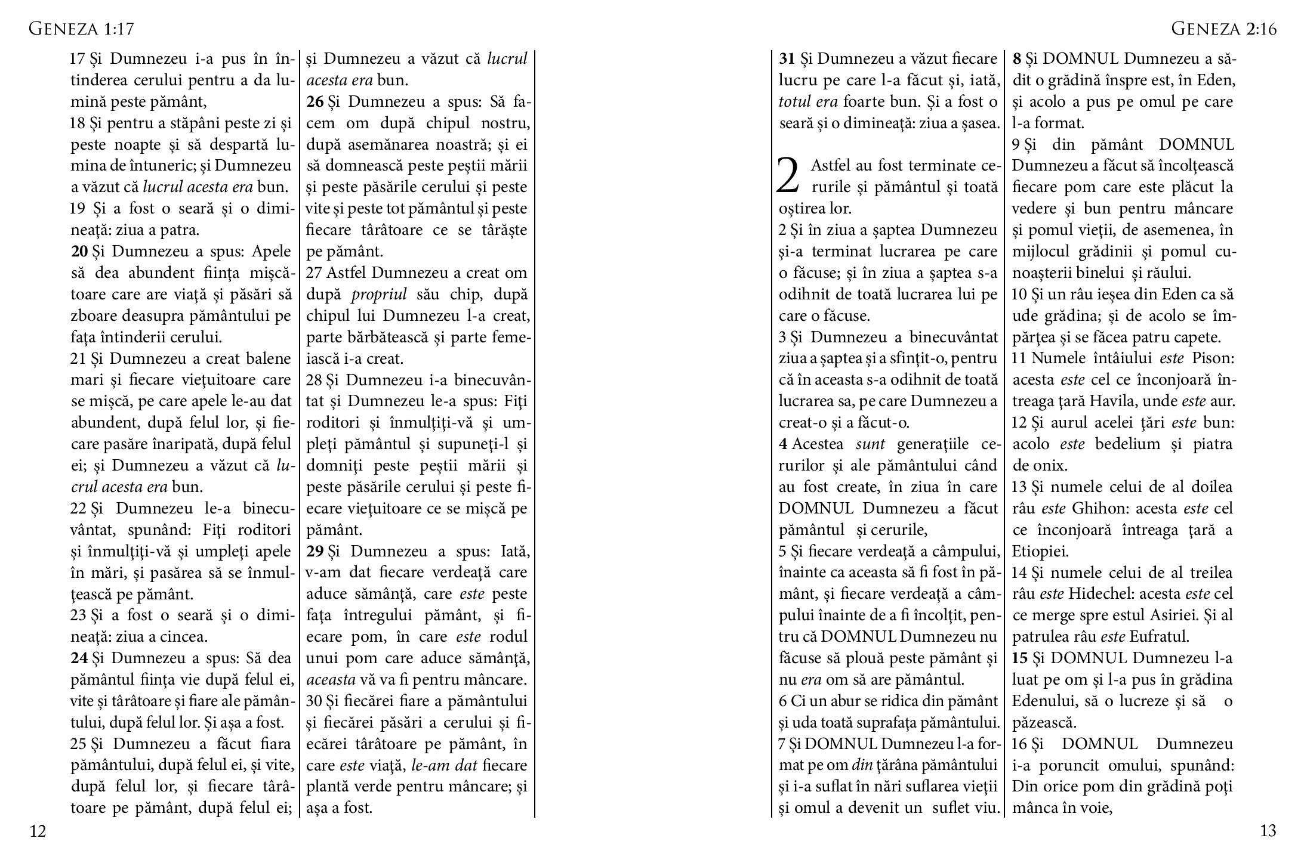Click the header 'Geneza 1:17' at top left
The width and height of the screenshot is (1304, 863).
point(81,29)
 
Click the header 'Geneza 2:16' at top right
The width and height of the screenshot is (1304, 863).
point(1223,29)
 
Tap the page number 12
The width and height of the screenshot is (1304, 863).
point(38,831)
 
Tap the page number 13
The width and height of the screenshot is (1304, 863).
point(1268,831)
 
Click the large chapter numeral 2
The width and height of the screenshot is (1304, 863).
point(787,177)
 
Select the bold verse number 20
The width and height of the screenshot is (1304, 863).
point(79,252)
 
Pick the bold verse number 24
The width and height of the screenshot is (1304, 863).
point(79,658)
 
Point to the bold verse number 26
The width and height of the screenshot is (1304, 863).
point(315,102)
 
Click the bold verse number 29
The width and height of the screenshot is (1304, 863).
point(315,551)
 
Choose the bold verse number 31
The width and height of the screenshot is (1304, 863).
point(787,59)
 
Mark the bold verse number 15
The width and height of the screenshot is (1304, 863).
point(1020,658)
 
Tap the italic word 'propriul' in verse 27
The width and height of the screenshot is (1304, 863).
point(379,295)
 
